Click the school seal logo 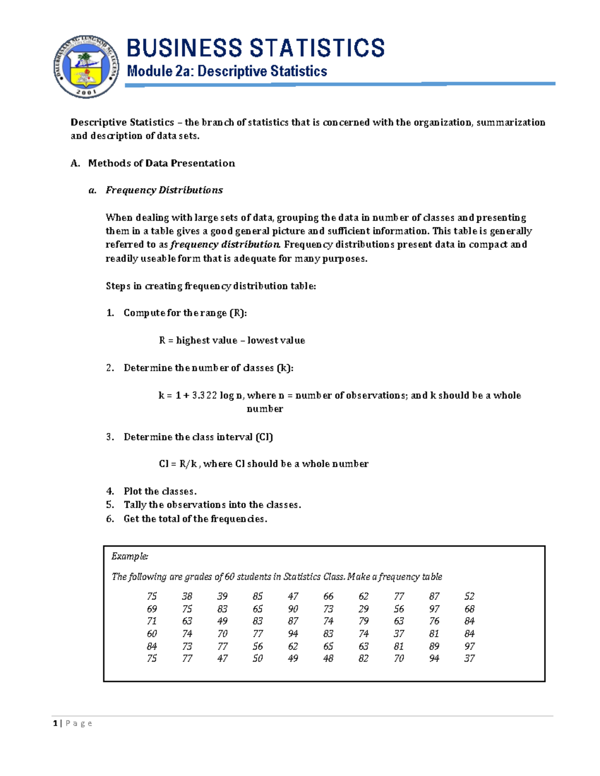[86, 67]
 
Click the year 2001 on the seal [86, 92]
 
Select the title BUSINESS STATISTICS [255, 48]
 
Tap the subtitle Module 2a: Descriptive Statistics [227, 71]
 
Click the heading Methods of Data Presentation [161, 163]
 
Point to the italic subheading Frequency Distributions [164, 190]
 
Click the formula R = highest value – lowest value [231, 340]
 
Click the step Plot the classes [160, 491]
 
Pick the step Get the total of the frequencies [195, 519]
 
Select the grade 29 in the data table [363, 609]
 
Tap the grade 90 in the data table [293, 609]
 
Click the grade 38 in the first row [187, 596]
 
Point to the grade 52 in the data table [469, 596]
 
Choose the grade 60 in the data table [152, 634]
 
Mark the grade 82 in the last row [363, 659]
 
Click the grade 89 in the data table [434, 646]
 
